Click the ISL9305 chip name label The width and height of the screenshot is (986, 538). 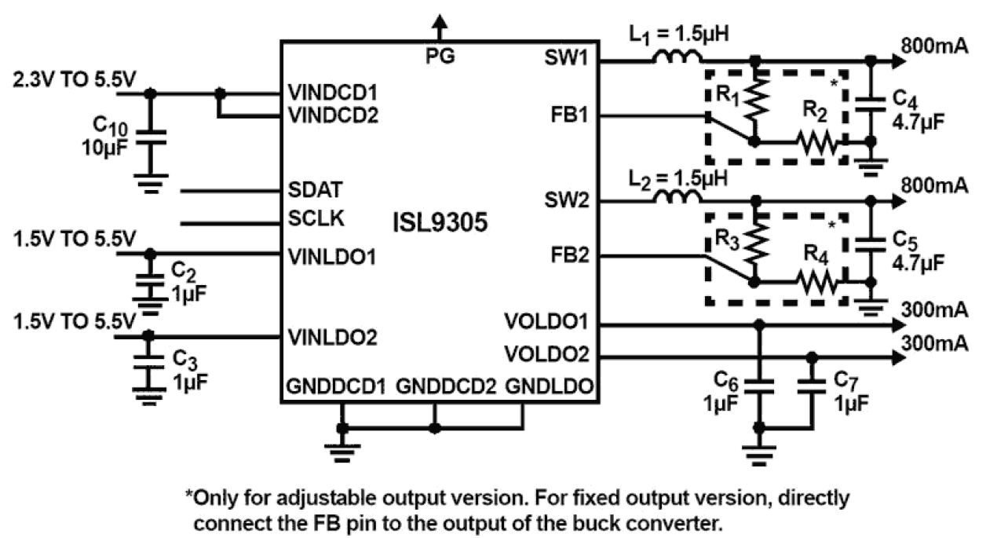pyautogui.click(x=439, y=223)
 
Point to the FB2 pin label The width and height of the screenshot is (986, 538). pyautogui.click(x=570, y=256)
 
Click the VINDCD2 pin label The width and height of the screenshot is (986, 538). pyautogui.click(x=334, y=116)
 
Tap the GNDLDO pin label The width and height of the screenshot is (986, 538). pyautogui.click(x=549, y=386)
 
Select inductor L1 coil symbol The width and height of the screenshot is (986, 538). pyautogui.click(x=677, y=57)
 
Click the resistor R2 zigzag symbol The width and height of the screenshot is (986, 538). pyautogui.click(x=817, y=142)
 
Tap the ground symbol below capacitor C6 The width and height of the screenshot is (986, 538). pyautogui.click(x=758, y=453)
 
